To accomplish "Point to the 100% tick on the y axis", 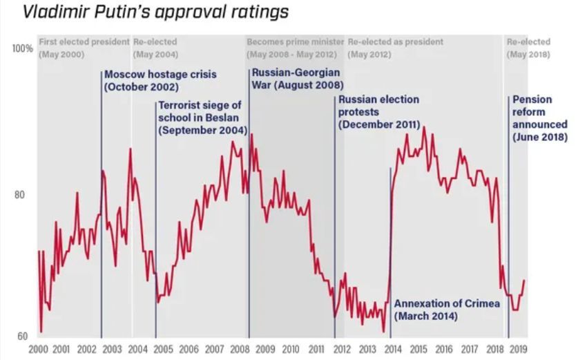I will click(23, 50).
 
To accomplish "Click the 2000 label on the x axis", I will click(39, 349).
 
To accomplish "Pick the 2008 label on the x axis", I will click(240, 349).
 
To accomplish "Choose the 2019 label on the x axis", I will click(519, 349).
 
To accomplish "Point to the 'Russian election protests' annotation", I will click(379, 112).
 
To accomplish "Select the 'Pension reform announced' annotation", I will click(540, 118).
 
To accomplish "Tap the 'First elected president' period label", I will click(84, 42).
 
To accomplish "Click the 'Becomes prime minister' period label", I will click(294, 42).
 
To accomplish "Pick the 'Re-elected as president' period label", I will click(396, 42).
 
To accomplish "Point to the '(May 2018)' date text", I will click(529, 55).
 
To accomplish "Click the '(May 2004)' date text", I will click(155, 55).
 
